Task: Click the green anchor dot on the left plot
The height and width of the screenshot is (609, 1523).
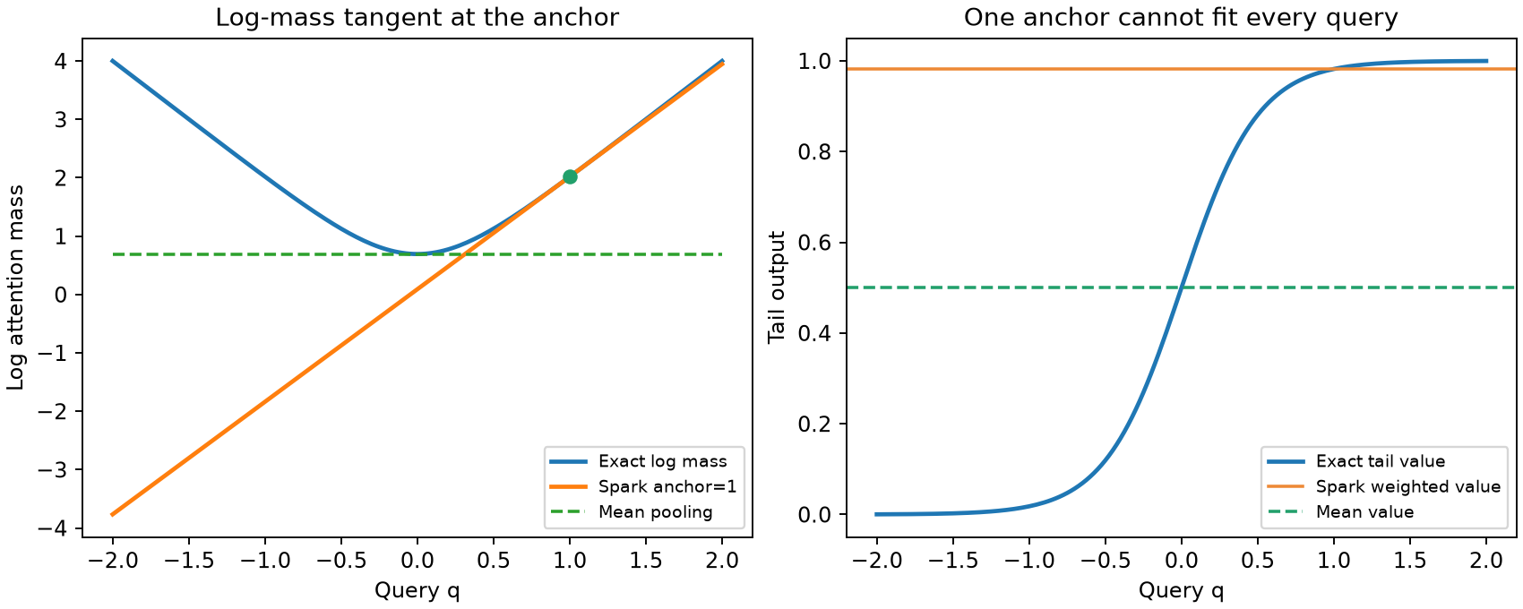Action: [570, 176]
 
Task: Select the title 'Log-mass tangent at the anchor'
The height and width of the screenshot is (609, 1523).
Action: [417, 18]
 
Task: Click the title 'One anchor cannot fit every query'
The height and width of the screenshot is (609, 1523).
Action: [1181, 18]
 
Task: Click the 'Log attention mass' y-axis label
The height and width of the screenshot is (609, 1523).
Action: [15, 287]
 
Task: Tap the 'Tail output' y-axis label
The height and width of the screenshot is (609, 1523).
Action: [777, 287]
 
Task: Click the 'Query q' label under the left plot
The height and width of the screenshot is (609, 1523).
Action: [417, 591]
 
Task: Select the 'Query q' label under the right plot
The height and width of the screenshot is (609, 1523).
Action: [1181, 591]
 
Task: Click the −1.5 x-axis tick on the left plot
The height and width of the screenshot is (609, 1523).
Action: [188, 561]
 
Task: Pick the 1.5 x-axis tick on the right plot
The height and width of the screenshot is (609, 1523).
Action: [1410, 561]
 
